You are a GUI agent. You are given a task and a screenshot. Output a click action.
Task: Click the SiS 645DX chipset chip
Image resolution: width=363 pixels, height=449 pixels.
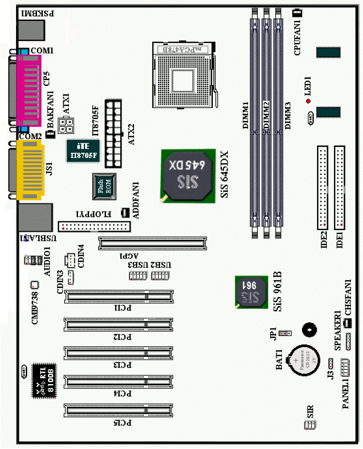pyautogui.click(x=188, y=174)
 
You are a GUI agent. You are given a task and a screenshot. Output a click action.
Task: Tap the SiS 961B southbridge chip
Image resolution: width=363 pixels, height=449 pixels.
pyautogui.click(x=251, y=291)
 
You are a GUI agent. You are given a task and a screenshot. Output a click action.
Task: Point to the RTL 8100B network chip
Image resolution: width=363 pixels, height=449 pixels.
pyautogui.click(x=45, y=380)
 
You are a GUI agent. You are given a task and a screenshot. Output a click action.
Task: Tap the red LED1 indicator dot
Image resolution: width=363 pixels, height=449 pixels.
pyautogui.click(x=308, y=101)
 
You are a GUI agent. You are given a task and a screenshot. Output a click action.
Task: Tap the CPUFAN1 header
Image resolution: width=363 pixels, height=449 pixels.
pyautogui.click(x=297, y=13)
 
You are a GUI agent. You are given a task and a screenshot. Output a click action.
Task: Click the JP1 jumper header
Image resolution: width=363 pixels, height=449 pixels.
pyautogui.click(x=285, y=333)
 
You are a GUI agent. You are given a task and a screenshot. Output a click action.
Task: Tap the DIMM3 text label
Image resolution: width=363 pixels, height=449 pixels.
pyautogui.click(x=288, y=115)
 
